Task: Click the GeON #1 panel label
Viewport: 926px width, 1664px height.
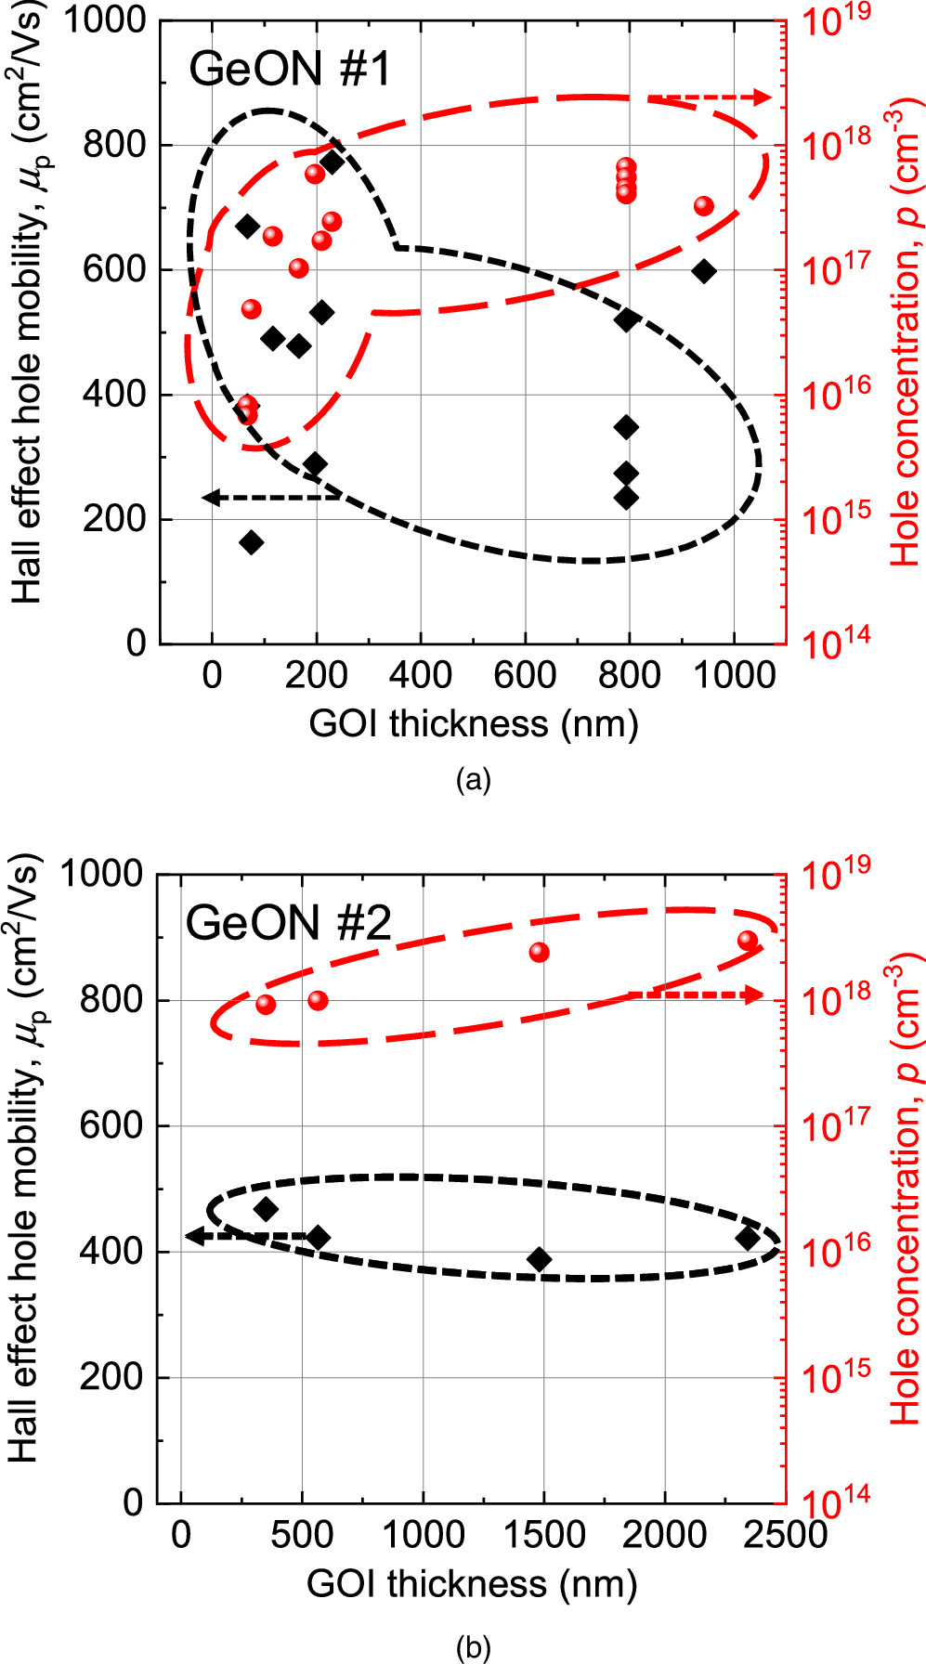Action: click(290, 70)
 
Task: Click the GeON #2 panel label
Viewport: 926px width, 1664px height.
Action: click(288, 923)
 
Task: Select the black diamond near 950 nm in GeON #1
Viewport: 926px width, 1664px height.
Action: click(704, 271)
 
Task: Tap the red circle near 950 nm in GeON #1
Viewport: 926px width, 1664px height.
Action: click(703, 205)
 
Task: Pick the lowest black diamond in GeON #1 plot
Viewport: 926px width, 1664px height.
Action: click(251, 542)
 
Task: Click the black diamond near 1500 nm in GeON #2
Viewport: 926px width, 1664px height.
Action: click(539, 1259)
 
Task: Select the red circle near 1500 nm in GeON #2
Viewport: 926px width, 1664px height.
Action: click(539, 952)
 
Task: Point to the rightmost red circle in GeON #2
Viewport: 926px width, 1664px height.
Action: click(748, 941)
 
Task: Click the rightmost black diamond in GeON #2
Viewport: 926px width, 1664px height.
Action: click(748, 1238)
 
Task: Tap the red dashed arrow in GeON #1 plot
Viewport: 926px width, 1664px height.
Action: click(710, 97)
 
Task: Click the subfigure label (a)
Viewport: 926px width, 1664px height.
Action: click(473, 779)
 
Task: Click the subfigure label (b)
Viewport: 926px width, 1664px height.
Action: click(473, 1648)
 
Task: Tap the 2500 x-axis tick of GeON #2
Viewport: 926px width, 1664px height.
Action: click(785, 1533)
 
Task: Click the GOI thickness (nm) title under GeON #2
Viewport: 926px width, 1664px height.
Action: click(472, 1584)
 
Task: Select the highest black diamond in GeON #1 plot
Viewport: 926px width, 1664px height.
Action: click(332, 162)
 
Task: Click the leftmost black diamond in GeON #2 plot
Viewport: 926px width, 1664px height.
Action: click(267, 1208)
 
